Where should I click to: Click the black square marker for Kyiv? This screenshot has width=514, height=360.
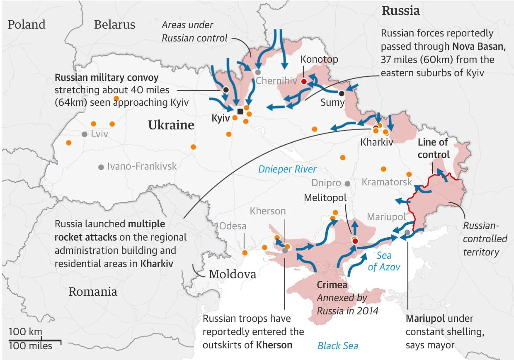pyautogui.click(x=240, y=111)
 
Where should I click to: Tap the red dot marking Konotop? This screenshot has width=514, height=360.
pyautogui.click(x=303, y=81)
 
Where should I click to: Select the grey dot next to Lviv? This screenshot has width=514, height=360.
pyautogui.click(x=85, y=134)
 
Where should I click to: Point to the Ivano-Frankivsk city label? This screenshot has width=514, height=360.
pyautogui.click(x=142, y=166)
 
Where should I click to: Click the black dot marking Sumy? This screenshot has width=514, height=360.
pyautogui.click(x=342, y=93)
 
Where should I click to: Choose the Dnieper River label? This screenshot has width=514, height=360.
pyautogui.click(x=287, y=169)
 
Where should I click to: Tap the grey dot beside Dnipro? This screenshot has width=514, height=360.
pyautogui.click(x=347, y=183)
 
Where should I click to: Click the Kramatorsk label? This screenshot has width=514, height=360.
pyautogui.click(x=387, y=182)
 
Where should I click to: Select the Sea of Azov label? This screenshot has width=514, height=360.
pyautogui.click(x=384, y=262)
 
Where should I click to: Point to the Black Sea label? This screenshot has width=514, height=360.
pyautogui.click(x=338, y=345)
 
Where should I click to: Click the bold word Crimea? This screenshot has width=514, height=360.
pyautogui.click(x=332, y=285)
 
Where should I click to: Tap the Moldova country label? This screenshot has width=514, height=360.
pyautogui.click(x=233, y=274)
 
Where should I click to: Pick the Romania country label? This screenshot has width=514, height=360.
pyautogui.click(x=93, y=292)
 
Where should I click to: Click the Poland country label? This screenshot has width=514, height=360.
pyautogui.click(x=27, y=24)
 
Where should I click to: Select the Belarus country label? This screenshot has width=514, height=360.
pyautogui.click(x=114, y=24)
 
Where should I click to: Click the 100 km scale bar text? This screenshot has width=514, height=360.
pyautogui.click(x=25, y=332)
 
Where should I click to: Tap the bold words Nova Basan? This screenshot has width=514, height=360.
pyautogui.click(x=479, y=46)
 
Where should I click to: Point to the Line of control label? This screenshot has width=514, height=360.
pyautogui.click(x=433, y=148)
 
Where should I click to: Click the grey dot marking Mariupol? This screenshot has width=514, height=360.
pyautogui.click(x=408, y=232)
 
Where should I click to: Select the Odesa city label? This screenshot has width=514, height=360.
pyautogui.click(x=233, y=226)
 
